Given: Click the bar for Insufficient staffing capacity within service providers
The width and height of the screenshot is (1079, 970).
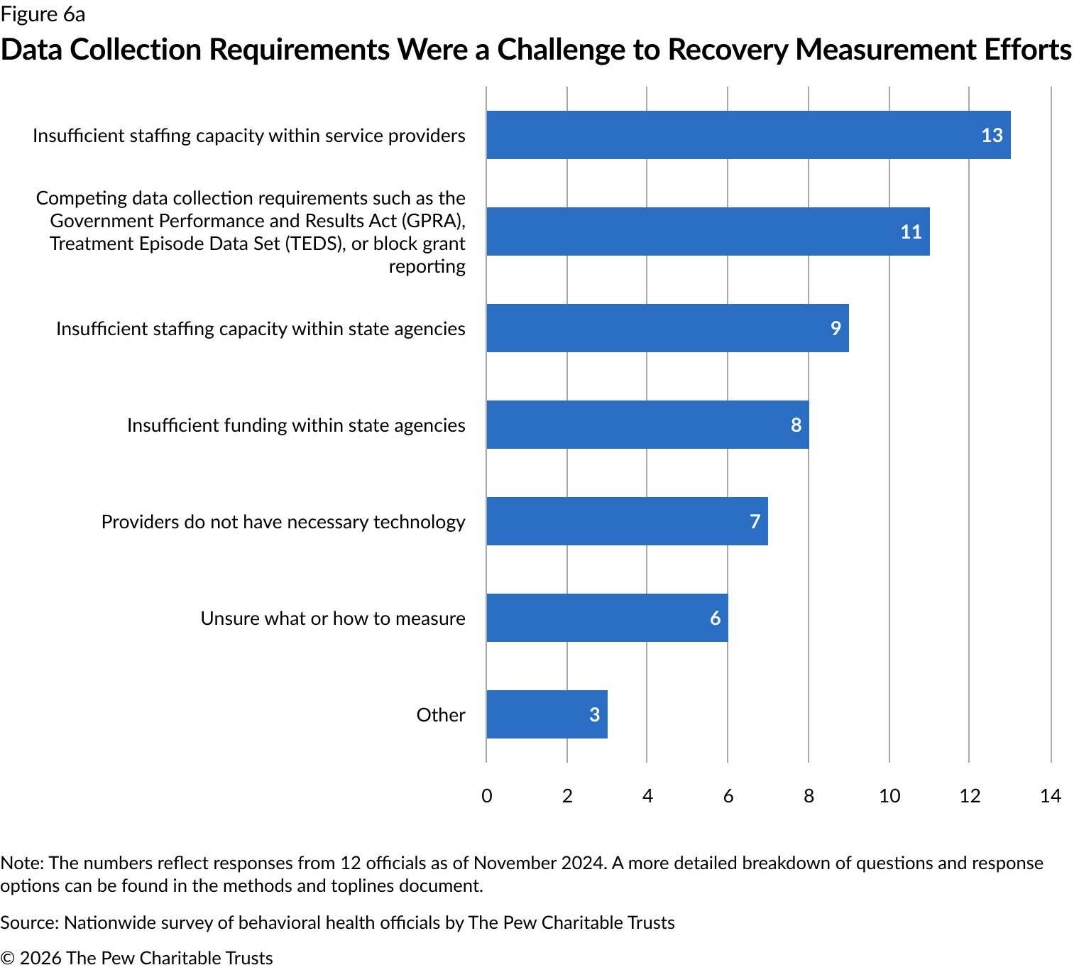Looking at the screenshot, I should [x=748, y=135].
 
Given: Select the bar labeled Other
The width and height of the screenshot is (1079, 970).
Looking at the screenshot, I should [x=547, y=714].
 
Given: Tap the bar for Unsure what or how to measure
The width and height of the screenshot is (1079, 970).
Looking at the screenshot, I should [x=607, y=618].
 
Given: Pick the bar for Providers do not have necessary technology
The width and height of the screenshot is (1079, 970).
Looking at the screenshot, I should [x=627, y=521].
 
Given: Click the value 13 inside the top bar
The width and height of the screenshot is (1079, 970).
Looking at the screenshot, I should [x=992, y=135].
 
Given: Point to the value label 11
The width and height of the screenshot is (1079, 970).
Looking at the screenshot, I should [x=911, y=231].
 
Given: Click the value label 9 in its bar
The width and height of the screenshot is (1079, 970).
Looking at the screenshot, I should [x=836, y=328].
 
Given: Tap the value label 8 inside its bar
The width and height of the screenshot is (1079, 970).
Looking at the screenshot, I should [x=796, y=425].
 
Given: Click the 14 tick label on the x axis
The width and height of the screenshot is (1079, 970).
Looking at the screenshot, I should [x=1050, y=795].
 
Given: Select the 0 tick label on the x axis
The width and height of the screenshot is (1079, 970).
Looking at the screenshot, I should [x=486, y=795].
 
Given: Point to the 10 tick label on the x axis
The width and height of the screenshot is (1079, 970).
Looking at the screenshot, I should [x=889, y=795].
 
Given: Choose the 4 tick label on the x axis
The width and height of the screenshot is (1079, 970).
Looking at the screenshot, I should [x=647, y=795].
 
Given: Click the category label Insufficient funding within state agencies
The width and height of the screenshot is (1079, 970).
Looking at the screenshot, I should [x=296, y=425].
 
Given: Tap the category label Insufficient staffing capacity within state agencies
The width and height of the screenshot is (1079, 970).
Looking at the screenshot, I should [x=261, y=328].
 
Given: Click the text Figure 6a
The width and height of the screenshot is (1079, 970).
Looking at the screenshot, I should [x=43, y=14].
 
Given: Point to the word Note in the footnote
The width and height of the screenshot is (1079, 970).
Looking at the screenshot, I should [x=21, y=863].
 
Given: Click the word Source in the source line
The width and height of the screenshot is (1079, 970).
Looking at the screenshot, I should [x=28, y=922].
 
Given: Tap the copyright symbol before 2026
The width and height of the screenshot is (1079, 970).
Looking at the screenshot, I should [x=8, y=958].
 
